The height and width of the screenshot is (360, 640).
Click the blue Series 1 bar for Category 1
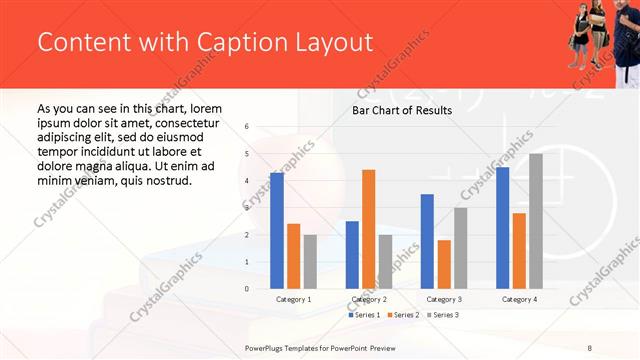click(x=277, y=231)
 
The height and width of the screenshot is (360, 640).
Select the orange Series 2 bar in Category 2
click(x=368, y=229)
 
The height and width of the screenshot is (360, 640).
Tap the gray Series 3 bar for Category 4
click(x=536, y=221)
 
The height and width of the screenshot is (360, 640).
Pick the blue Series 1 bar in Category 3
click(x=427, y=241)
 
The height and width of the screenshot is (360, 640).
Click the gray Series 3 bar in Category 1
click(x=310, y=262)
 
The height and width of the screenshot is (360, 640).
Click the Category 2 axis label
click(x=369, y=299)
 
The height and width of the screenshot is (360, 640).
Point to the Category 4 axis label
click(x=519, y=299)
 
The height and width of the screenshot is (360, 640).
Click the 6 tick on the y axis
click(x=247, y=127)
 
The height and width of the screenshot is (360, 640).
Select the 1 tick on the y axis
click(x=247, y=262)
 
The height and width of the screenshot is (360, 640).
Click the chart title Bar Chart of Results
click(x=402, y=110)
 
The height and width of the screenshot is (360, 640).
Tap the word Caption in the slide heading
click(x=224, y=43)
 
